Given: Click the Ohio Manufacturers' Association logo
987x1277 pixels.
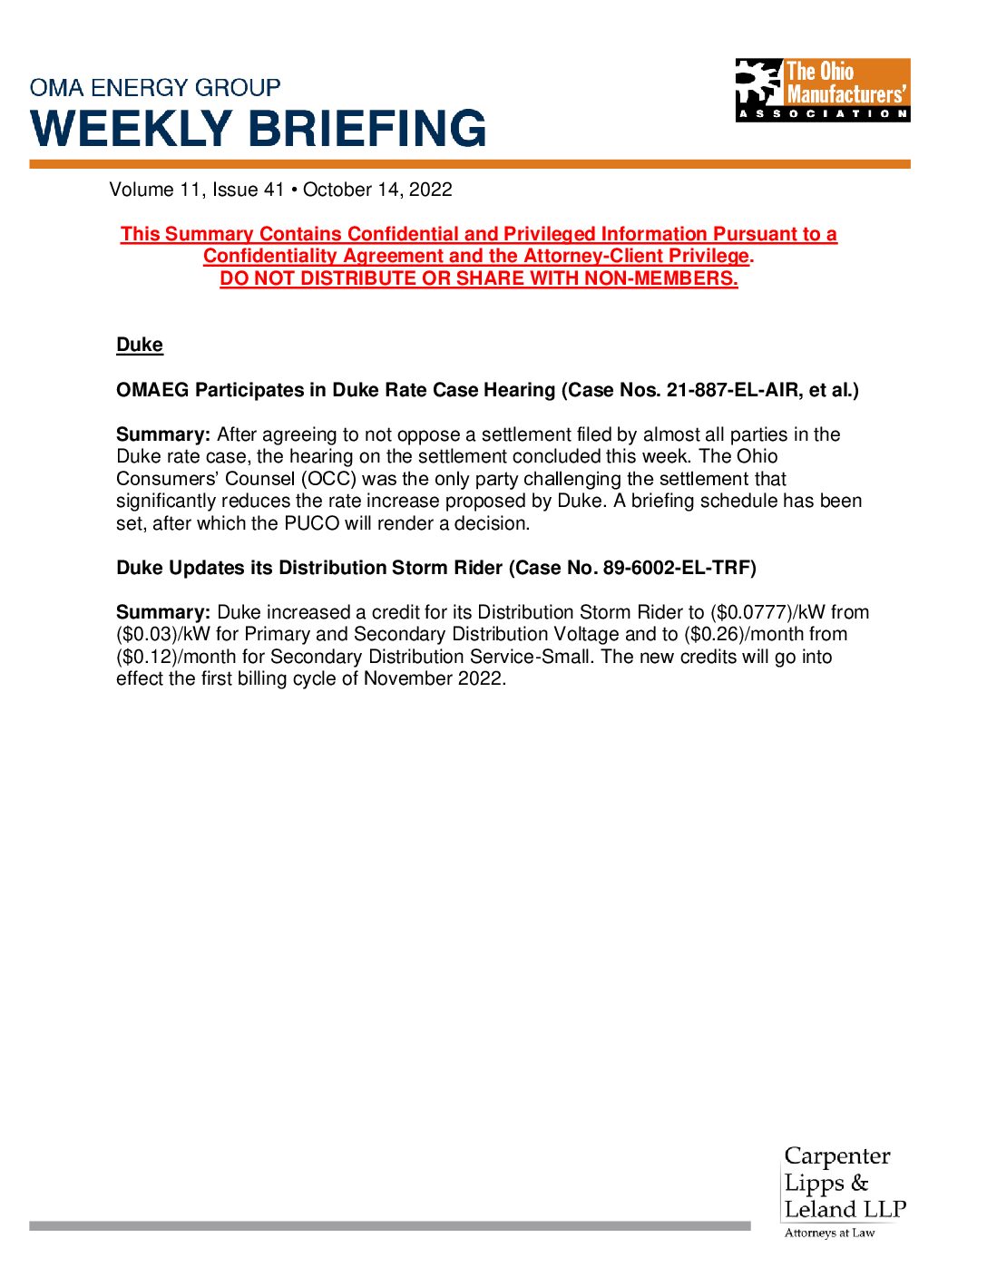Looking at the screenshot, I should point(822,90).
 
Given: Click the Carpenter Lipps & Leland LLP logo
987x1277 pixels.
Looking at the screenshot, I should point(844,1183).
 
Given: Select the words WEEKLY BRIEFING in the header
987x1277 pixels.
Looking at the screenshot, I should point(259,128).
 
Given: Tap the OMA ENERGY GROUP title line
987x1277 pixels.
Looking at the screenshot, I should point(155,88).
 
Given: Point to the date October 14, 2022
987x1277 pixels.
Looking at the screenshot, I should point(377,190).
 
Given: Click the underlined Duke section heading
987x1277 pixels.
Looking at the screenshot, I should point(140,346).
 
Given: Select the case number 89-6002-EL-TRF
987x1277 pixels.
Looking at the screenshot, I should point(676,568).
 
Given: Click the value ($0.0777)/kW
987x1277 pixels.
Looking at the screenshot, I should point(767,612).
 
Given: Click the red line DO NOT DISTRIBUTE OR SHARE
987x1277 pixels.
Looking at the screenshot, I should point(478,278).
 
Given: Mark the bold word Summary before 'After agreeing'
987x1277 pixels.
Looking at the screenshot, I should point(163,434).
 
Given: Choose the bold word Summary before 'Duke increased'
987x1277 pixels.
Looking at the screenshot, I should point(163,612).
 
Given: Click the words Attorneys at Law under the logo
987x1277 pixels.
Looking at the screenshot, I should point(829,1233).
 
